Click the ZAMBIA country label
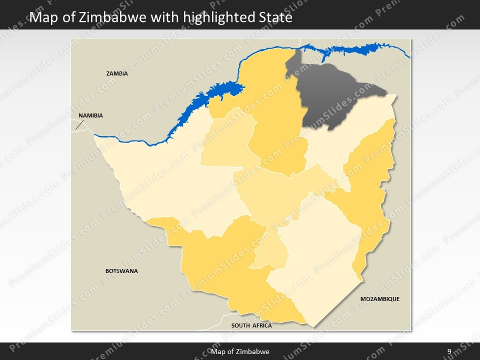117,73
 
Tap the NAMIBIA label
90,115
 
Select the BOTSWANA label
121,271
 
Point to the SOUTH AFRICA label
251,325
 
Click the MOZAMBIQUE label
380,299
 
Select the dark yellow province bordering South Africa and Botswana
225,265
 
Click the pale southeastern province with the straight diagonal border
320,260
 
